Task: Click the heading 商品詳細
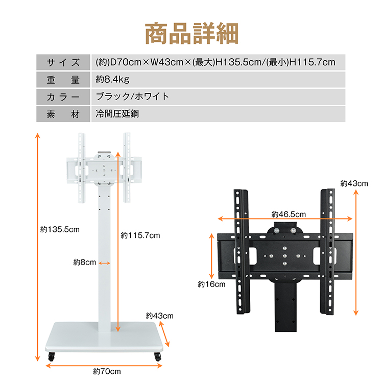pos(192,33)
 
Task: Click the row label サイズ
pos(63,62)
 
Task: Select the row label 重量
pos(63,79)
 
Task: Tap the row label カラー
pos(63,97)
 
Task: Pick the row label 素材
pos(63,113)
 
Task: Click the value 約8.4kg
pos(113,79)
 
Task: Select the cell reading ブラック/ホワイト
pos(132,97)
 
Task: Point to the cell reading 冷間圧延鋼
pos(117,113)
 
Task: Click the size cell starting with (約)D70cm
pos(215,62)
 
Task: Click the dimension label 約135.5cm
pos(60,230)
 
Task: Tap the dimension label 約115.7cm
pos(140,235)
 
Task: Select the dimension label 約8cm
pos(84,262)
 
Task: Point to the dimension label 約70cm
pos(107,371)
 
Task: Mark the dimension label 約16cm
pos(211,284)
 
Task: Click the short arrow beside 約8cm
pos(105,263)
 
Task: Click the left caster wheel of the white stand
pos(51,357)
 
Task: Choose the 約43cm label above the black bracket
pos(354,183)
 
